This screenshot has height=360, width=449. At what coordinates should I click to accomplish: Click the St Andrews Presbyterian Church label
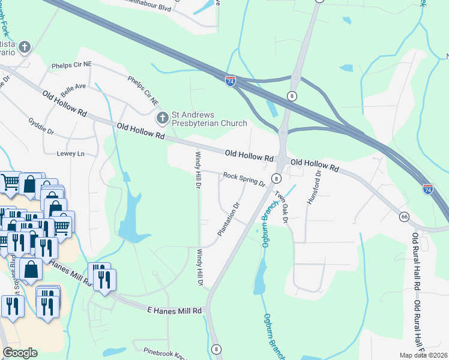(x=209, y=119)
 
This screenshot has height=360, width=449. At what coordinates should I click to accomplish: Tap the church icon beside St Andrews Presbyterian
(x=161, y=119)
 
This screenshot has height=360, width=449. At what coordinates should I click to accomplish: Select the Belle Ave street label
(x=72, y=90)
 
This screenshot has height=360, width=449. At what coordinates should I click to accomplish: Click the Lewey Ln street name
(x=70, y=154)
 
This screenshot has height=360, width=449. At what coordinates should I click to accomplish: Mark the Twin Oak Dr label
(x=282, y=207)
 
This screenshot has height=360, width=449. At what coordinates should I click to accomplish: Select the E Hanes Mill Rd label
(x=174, y=310)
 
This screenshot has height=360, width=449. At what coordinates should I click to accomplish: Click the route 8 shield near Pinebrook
(x=215, y=349)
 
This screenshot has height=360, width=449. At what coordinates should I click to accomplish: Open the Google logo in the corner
(x=20, y=353)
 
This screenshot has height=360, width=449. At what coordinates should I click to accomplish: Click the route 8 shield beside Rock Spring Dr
(x=276, y=178)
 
